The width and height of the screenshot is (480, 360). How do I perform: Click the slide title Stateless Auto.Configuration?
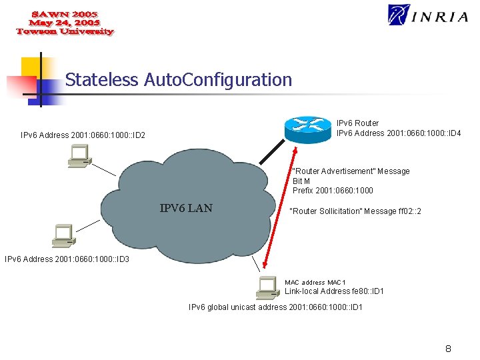(x=179, y=80)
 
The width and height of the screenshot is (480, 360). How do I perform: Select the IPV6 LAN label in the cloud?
(x=186, y=208)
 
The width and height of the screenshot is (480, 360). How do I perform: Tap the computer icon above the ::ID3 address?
(x=64, y=235)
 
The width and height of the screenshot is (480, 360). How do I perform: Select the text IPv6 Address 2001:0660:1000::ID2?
(x=83, y=135)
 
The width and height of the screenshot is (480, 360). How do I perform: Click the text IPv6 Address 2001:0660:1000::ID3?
(x=67, y=259)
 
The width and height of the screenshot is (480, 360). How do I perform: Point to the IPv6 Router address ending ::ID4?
(x=399, y=133)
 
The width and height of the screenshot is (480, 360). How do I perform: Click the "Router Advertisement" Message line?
(x=351, y=171)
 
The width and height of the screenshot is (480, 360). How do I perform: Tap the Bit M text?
(x=301, y=181)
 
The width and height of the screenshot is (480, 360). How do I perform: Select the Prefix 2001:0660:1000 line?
(x=333, y=190)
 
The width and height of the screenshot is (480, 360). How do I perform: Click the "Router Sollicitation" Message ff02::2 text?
(x=355, y=211)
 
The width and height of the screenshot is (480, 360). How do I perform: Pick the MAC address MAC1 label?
(x=315, y=283)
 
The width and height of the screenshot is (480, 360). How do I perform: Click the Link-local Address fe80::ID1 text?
(x=334, y=291)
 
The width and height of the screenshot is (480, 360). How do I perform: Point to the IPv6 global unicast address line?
(x=275, y=307)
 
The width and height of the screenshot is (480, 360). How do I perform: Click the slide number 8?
(x=448, y=349)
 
